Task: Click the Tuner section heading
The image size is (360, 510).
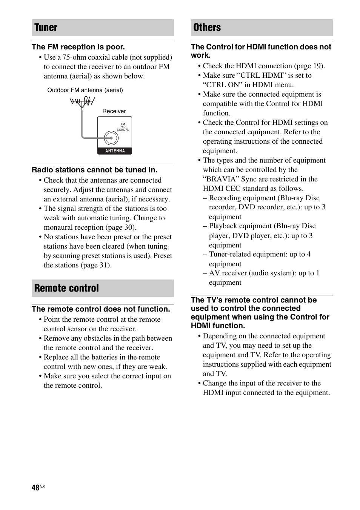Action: click(x=46, y=28)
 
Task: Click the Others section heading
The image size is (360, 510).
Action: click(x=207, y=28)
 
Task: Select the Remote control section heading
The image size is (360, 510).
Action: click(x=66, y=288)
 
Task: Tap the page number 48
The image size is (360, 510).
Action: click(x=35, y=488)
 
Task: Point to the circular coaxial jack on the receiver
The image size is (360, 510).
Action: click(x=111, y=138)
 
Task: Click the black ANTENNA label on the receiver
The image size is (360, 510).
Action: click(x=115, y=151)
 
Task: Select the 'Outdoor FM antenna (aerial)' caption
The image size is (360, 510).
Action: click(x=85, y=90)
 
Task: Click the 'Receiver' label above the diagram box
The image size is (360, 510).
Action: click(x=114, y=111)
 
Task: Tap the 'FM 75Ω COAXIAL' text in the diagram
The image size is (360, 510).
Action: click(x=123, y=127)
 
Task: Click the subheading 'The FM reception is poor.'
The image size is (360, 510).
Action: click(x=78, y=47)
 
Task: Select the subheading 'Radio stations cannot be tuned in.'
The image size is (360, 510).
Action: click(x=94, y=170)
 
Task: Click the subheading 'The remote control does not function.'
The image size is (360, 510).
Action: click(x=101, y=309)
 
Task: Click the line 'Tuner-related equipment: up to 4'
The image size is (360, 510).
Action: click(x=260, y=254)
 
